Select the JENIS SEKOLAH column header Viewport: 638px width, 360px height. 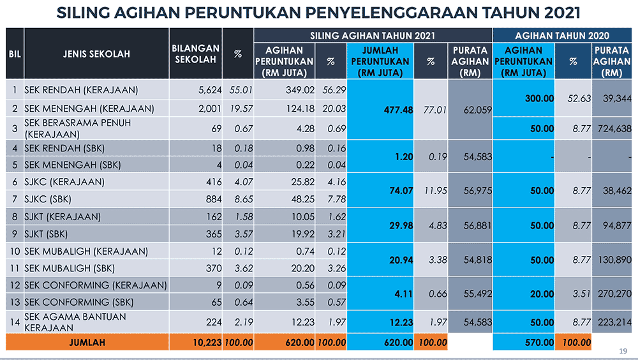[96, 54]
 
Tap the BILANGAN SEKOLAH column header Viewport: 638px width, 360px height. [195, 54]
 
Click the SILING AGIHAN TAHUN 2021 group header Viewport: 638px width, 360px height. [373, 36]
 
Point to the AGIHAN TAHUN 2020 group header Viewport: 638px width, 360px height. [562, 36]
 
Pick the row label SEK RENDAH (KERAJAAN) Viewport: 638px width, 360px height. [81, 90]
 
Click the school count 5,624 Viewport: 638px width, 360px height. [210, 90]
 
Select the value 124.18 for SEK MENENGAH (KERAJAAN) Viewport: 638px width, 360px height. [300, 109]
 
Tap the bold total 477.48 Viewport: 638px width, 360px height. [398, 110]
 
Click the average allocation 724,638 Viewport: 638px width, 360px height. [614, 129]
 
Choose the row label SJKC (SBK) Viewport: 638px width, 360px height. [48, 199]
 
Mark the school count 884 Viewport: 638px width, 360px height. [214, 199]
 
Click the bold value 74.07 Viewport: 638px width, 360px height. [401, 191]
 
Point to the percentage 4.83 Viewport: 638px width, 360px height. [438, 225]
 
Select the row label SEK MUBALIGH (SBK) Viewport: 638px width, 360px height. [70, 268]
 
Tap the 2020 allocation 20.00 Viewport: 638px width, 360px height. [542, 294]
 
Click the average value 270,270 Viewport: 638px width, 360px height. [614, 294]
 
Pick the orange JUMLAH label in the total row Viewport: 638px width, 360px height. [87, 343]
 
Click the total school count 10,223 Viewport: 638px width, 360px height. [207, 343]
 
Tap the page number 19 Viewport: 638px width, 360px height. [623, 351]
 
